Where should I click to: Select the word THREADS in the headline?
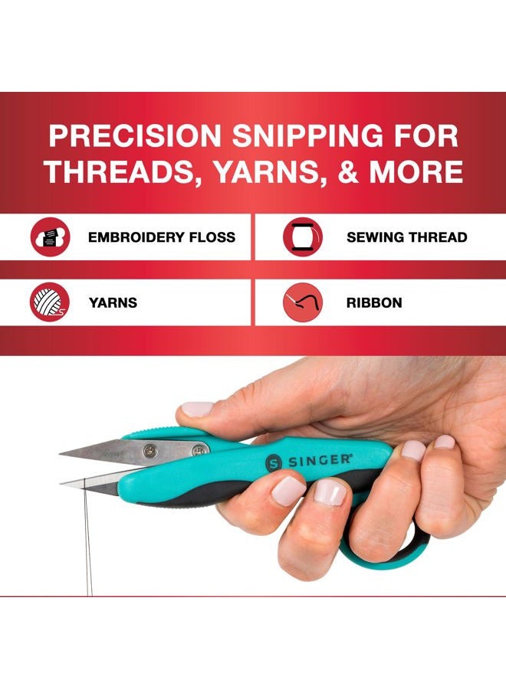coord(111,171)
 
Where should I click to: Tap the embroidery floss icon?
coord(51,237)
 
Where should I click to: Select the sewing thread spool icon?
coord(302,237)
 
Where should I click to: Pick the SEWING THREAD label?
coord(406,237)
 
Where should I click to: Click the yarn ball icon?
coord(51,302)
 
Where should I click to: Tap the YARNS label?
coord(113,302)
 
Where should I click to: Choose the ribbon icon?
coord(302,302)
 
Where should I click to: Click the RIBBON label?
coord(374,302)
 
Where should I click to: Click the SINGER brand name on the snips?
coord(320,461)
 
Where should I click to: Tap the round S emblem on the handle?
coord(274,464)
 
